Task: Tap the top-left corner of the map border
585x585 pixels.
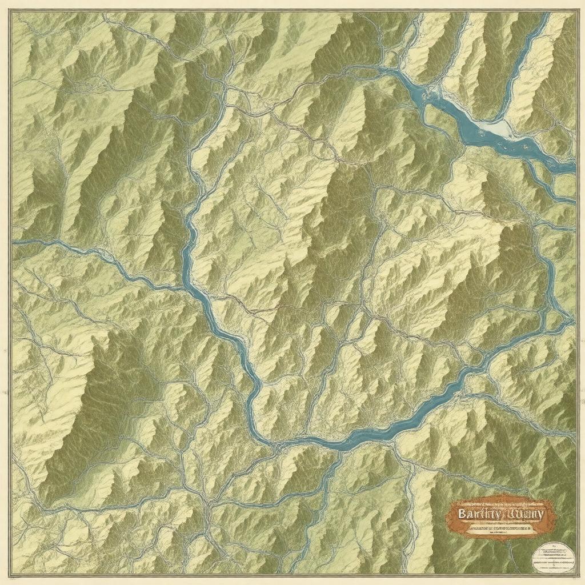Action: [x=12, y=12]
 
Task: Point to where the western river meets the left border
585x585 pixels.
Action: [x=13, y=242]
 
